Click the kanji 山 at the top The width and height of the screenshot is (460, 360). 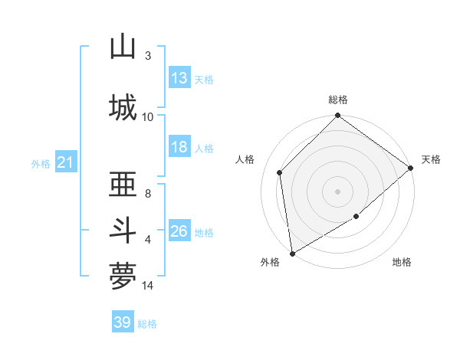(x=123, y=47)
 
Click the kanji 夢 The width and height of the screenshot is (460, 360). (x=123, y=276)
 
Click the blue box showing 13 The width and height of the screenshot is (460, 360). (x=179, y=78)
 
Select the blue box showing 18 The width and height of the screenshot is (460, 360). (x=179, y=148)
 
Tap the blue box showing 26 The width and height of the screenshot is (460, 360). (x=179, y=232)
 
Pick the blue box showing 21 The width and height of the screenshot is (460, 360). (x=65, y=162)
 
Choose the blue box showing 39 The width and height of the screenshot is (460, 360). (x=123, y=322)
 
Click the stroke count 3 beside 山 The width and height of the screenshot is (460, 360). (x=147, y=56)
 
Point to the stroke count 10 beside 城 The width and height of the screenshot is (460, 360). (x=147, y=116)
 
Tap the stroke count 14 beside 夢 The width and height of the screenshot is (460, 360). (x=147, y=286)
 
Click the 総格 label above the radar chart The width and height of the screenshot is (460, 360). (x=337, y=100)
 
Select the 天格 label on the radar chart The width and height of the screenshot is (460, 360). (x=431, y=159)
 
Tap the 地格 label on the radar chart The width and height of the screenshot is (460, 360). (x=402, y=262)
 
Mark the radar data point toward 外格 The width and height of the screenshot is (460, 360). (x=292, y=253)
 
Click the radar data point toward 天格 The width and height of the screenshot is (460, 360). (x=412, y=168)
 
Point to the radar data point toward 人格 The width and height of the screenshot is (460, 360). (x=280, y=172)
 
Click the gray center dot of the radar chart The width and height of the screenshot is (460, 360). (x=337, y=191)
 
